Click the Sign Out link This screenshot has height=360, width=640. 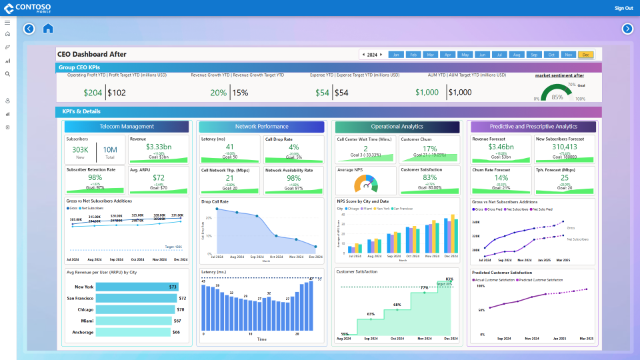click(623, 8)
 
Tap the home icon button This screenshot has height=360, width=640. click(48, 29)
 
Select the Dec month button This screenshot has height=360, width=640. click(585, 55)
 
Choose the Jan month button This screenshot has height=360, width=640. click(396, 55)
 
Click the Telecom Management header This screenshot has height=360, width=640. click(127, 127)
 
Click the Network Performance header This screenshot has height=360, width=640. click(262, 127)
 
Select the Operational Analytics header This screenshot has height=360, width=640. click(397, 127)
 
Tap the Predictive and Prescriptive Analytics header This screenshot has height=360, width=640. click(533, 127)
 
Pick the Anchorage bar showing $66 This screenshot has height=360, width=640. click(133, 332)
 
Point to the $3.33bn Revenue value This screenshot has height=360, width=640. click(159, 147)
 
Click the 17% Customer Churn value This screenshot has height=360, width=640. click(429, 149)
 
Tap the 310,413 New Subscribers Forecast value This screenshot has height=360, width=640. click(565, 147)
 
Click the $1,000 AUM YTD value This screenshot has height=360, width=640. click(427, 93)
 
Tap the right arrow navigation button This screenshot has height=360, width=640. click(627, 29)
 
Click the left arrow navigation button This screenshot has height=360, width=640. click(29, 29)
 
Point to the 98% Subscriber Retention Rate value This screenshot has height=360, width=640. click(95, 177)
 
